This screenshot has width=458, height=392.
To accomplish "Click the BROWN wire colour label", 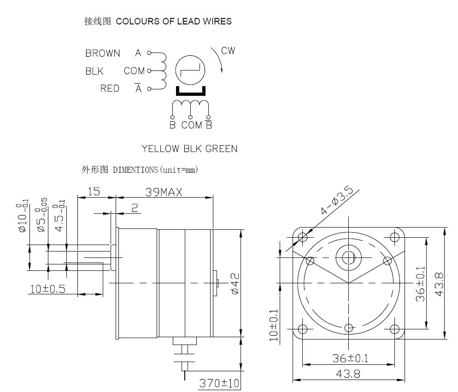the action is point(103,53).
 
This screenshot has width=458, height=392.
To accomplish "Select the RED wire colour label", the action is point(110,88).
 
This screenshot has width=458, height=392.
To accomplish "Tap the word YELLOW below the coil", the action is point(160,149).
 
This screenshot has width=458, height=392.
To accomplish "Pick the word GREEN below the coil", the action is point(222,149).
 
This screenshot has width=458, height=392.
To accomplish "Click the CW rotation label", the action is point(228,51).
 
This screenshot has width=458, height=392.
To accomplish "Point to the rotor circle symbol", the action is point(190,70).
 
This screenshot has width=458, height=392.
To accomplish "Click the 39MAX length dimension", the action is point(164,192).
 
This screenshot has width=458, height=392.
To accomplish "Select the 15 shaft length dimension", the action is point(94,192).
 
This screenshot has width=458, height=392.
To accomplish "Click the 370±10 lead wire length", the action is point(219,383).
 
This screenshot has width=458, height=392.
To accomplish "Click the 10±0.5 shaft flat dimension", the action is point(47,289).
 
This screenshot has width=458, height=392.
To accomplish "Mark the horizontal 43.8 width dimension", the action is point(348,374).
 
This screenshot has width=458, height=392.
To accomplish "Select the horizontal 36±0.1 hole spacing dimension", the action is point(350,358).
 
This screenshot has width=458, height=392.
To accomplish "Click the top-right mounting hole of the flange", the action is point(394,236).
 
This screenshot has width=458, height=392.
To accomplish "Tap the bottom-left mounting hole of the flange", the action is point(303,329).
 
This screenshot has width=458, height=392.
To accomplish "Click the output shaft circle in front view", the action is point(348,258).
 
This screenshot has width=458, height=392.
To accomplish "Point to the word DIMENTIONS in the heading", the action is point(135,170).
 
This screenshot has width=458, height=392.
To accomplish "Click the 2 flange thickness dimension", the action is point(135,208).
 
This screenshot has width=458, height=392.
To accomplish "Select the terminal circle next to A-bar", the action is point(149,88).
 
